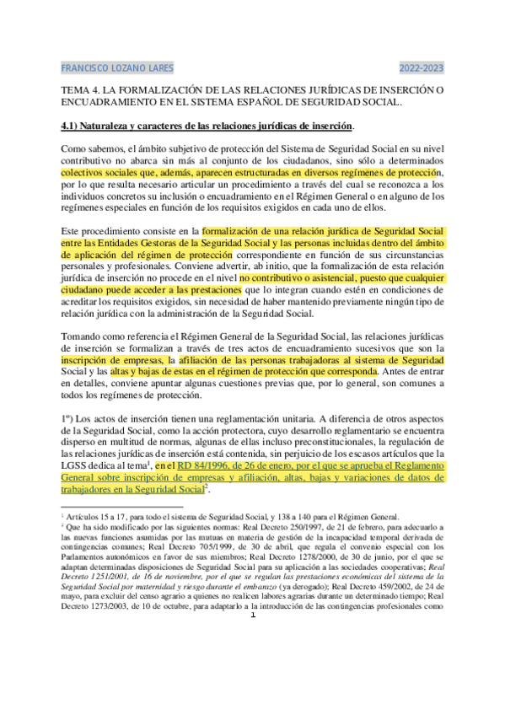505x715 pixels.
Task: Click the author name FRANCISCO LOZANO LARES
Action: coord(119,67)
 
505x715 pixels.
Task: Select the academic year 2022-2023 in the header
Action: coord(422,67)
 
